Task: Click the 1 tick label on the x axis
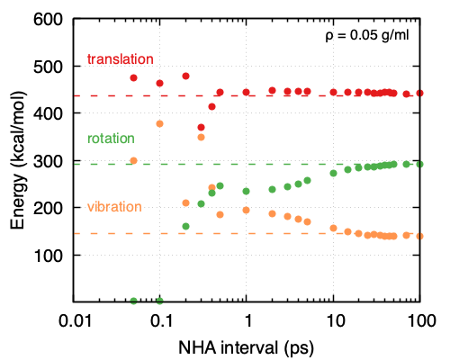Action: pos(247,319)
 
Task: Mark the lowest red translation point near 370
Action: pos(202,128)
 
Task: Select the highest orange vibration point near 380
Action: pos(160,123)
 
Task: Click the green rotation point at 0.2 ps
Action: pos(186,227)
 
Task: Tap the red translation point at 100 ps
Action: pos(419,94)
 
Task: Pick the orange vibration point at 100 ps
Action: pos(419,236)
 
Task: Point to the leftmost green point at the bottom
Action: pos(134,301)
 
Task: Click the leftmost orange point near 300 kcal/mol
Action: pos(134,161)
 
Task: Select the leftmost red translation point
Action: pos(134,78)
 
